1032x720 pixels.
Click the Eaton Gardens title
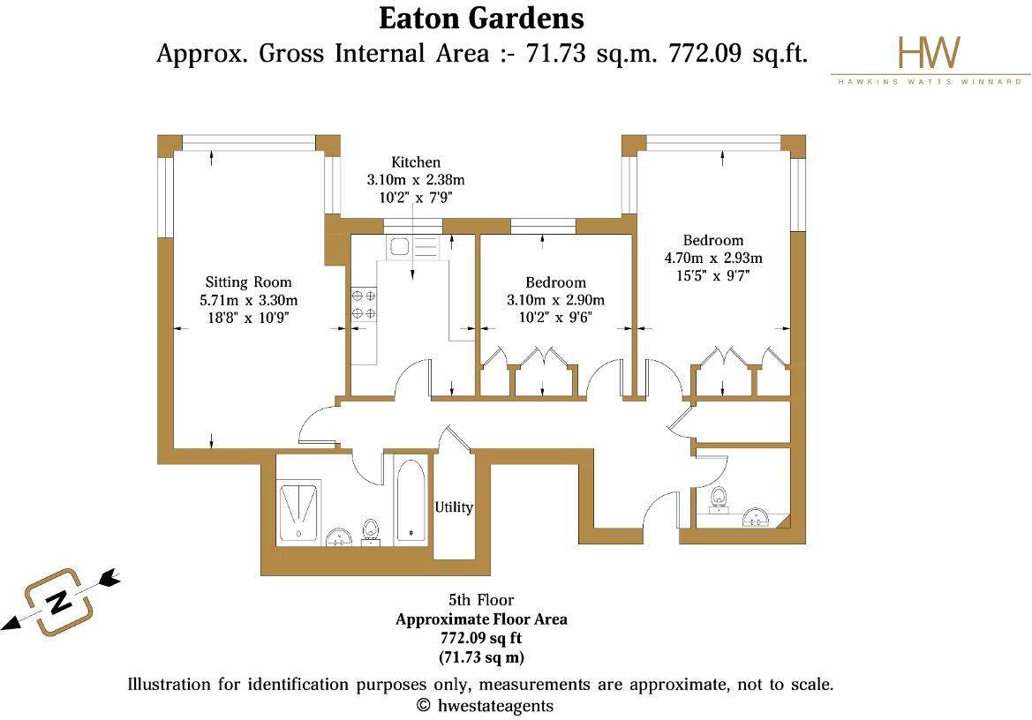pyautogui.click(x=481, y=18)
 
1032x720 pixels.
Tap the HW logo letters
pyautogui.click(x=928, y=54)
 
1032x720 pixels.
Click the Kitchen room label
pyautogui.click(x=416, y=162)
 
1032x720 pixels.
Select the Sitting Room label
pyautogui.click(x=248, y=282)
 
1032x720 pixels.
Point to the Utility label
pyautogui.click(x=454, y=507)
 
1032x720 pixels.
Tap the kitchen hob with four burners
pyautogui.click(x=364, y=304)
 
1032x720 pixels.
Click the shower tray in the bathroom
pyautogui.click(x=299, y=512)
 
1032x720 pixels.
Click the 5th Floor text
pyautogui.click(x=481, y=601)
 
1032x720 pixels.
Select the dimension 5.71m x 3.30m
pyautogui.click(x=249, y=300)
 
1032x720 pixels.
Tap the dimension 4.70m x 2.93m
pyautogui.click(x=713, y=259)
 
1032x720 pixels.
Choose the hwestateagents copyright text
pyautogui.click(x=485, y=705)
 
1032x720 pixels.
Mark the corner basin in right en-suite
pyautogui.click(x=758, y=516)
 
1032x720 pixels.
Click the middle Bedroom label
pyautogui.click(x=555, y=282)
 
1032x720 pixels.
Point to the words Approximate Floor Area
pyautogui.click(x=481, y=619)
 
